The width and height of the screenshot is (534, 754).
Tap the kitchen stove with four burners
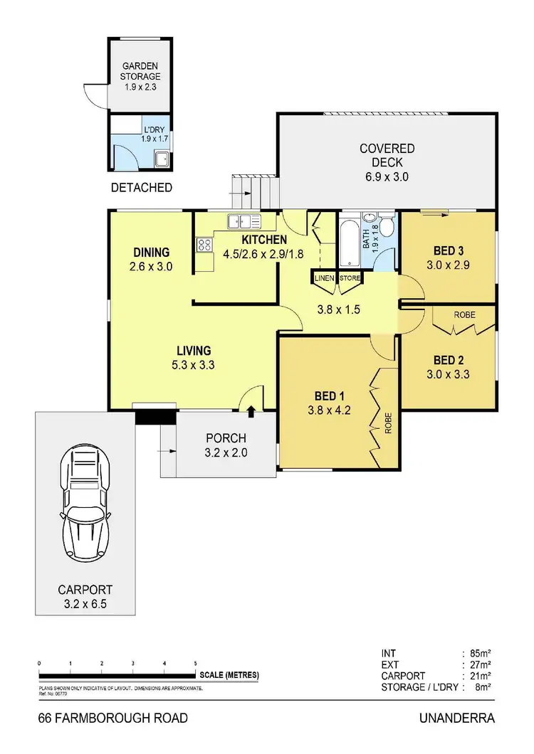204,245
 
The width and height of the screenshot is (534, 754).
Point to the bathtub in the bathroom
350,242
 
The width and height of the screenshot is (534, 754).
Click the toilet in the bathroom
387,227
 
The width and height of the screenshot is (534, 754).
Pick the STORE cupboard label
350,278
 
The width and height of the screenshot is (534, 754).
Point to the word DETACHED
142,188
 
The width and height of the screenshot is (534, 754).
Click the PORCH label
226,438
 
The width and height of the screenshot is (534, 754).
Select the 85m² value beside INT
481,652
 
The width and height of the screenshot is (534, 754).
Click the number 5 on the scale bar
195,663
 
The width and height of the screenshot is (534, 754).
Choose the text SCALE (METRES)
229,675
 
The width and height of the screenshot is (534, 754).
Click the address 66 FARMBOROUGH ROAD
113,718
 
